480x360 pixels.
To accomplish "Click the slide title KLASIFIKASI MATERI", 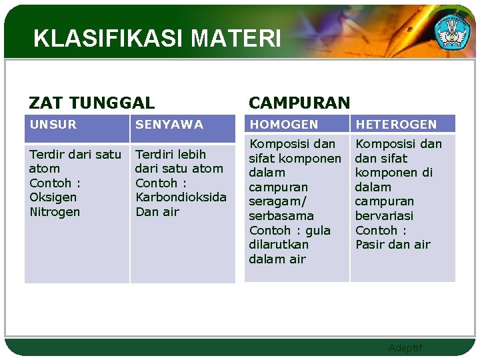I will pyautogui.click(x=157, y=39).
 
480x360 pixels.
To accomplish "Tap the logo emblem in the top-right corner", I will pyautogui.click(x=452, y=30).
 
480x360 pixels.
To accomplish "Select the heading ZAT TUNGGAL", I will pyautogui.click(x=91, y=103).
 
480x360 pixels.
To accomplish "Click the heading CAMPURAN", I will pyautogui.click(x=299, y=103).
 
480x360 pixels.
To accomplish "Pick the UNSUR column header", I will pyautogui.click(x=53, y=124).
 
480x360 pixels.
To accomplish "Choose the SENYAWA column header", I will pyautogui.click(x=169, y=124).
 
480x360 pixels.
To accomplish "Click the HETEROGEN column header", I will pyautogui.click(x=396, y=124).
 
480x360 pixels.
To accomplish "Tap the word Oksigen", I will pyautogui.click(x=53, y=197).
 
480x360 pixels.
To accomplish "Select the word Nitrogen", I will pyautogui.click(x=55, y=212).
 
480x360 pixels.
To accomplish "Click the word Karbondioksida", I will pyautogui.click(x=181, y=197).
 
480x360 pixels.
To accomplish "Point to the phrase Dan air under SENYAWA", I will pyautogui.click(x=157, y=212).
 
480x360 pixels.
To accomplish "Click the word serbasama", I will pyautogui.click(x=281, y=216).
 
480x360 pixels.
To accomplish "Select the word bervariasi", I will pyautogui.click(x=384, y=216).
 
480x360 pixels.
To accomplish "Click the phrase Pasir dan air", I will pyautogui.click(x=393, y=245).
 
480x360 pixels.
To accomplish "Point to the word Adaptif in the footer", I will pyautogui.click(x=405, y=348).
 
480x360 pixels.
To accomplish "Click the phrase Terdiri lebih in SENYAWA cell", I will pyautogui.click(x=171, y=154).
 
